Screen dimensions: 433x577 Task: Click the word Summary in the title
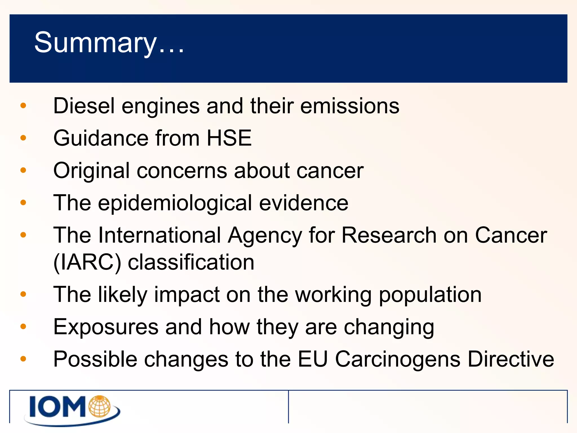pyautogui.click(x=95, y=43)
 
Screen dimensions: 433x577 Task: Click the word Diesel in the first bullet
pyautogui.click(x=84, y=106)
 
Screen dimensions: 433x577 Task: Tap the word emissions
pyautogui.click(x=350, y=106)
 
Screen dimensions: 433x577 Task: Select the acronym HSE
pyautogui.click(x=229, y=138)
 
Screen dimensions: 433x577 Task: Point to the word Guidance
pyautogui.click(x=101, y=138)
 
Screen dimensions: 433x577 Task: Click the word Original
pyautogui.click(x=91, y=171)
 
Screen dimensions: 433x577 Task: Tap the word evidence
pyautogui.click(x=303, y=203)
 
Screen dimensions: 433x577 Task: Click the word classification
pyautogui.click(x=191, y=262)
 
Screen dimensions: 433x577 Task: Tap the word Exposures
pyautogui.click(x=106, y=327)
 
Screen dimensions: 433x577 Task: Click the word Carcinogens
pyautogui.click(x=398, y=359)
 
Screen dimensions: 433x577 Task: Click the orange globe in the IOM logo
pyautogui.click(x=99, y=406)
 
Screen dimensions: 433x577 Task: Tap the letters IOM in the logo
pyautogui.click(x=58, y=407)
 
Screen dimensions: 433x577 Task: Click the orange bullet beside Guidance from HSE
pyautogui.click(x=23, y=138)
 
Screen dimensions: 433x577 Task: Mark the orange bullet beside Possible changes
pyautogui.click(x=23, y=359)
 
